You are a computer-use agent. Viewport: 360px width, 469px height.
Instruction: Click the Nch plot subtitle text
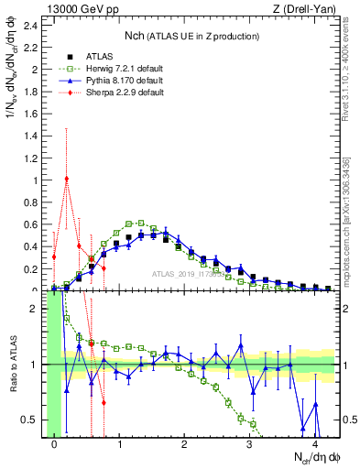point(191,36)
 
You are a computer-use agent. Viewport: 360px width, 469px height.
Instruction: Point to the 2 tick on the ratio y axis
point(35,309)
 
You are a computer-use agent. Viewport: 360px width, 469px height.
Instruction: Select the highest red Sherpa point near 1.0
point(67,179)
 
